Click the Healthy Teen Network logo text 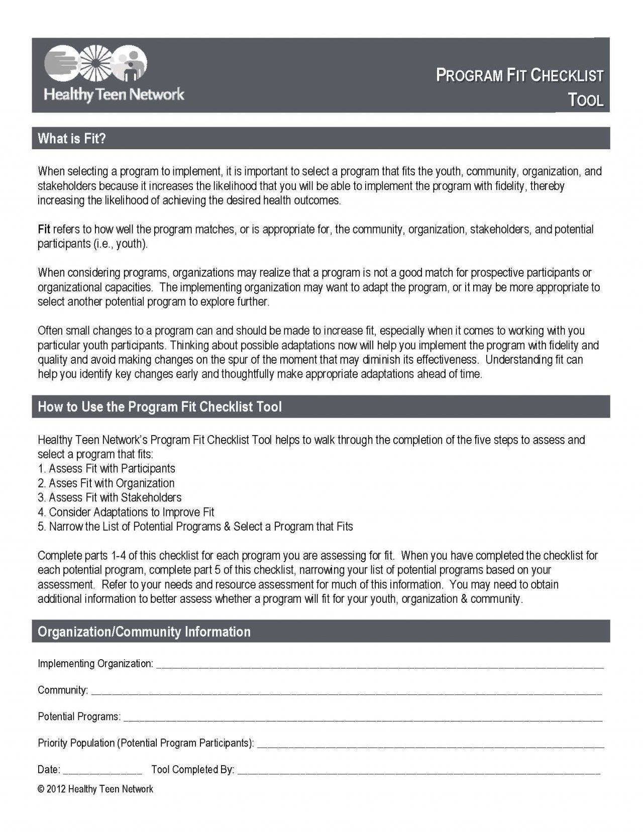coord(114,94)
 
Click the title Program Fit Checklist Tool coord(519,87)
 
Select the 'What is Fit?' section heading coord(72,139)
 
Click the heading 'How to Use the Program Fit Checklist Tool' coord(160,406)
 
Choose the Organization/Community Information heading coord(144,632)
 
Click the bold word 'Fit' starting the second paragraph coord(44,230)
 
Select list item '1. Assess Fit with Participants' coord(106,469)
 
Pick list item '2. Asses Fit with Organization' coord(106,483)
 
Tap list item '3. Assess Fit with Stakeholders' coord(110,497)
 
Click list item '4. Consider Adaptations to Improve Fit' coord(126,512)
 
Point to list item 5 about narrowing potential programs coord(195,527)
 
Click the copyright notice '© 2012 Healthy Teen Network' coord(95,789)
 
